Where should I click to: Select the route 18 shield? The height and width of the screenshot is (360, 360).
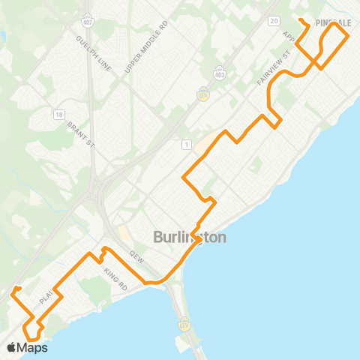tap(59, 114)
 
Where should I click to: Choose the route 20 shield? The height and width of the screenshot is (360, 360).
tap(273, 21)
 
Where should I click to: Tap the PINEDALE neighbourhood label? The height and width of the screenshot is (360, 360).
tap(334, 23)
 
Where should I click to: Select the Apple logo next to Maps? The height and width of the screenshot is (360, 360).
tap(11, 347)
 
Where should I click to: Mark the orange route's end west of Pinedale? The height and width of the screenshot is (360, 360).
tap(300, 20)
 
